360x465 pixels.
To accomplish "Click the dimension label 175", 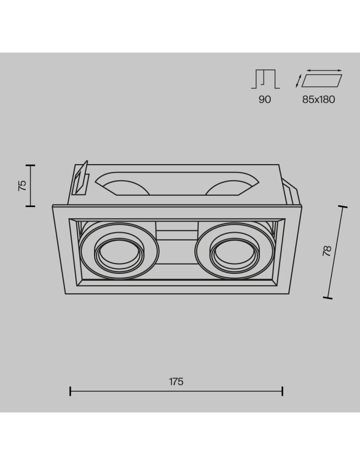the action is [176, 381].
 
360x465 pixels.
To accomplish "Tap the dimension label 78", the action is [327, 252].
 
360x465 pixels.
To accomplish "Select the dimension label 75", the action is [22, 186].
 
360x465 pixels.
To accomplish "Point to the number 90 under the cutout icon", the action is [265, 100].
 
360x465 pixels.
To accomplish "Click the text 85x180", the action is [319, 100].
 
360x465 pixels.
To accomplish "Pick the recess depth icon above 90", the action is [266, 79].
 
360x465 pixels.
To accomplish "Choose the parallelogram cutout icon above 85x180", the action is [322, 80].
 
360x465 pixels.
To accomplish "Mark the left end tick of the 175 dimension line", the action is [70, 391].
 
